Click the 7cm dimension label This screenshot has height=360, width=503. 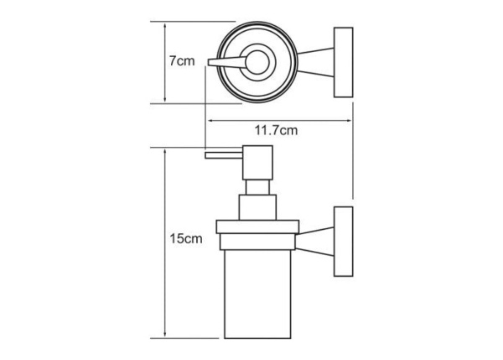pyautogui.click(x=182, y=60)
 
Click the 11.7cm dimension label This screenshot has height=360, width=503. pyautogui.click(x=276, y=130)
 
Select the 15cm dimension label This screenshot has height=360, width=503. pyautogui.click(x=186, y=238)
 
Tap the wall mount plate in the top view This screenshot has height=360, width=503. pyautogui.click(x=343, y=62)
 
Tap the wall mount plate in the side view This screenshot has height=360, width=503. pyautogui.click(x=343, y=242)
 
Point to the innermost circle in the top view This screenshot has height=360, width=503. pyautogui.click(x=257, y=62)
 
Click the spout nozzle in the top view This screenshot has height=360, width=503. pyautogui.click(x=227, y=61)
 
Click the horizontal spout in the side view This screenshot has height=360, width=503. pyautogui.click(x=224, y=155)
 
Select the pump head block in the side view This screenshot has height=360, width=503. pyautogui.click(x=257, y=163)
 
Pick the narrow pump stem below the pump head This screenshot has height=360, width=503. pyautogui.click(x=257, y=187)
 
